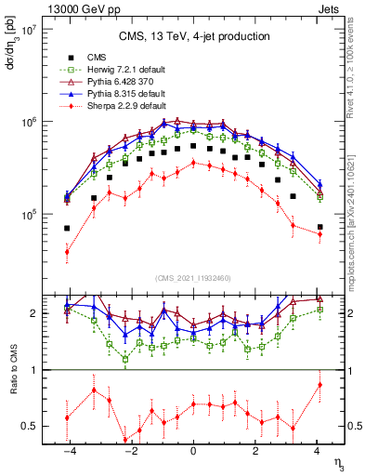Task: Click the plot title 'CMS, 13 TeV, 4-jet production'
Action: (x=194, y=36)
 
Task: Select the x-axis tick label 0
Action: (x=193, y=452)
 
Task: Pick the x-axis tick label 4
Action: (x=318, y=452)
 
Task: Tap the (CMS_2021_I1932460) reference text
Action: (x=193, y=277)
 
